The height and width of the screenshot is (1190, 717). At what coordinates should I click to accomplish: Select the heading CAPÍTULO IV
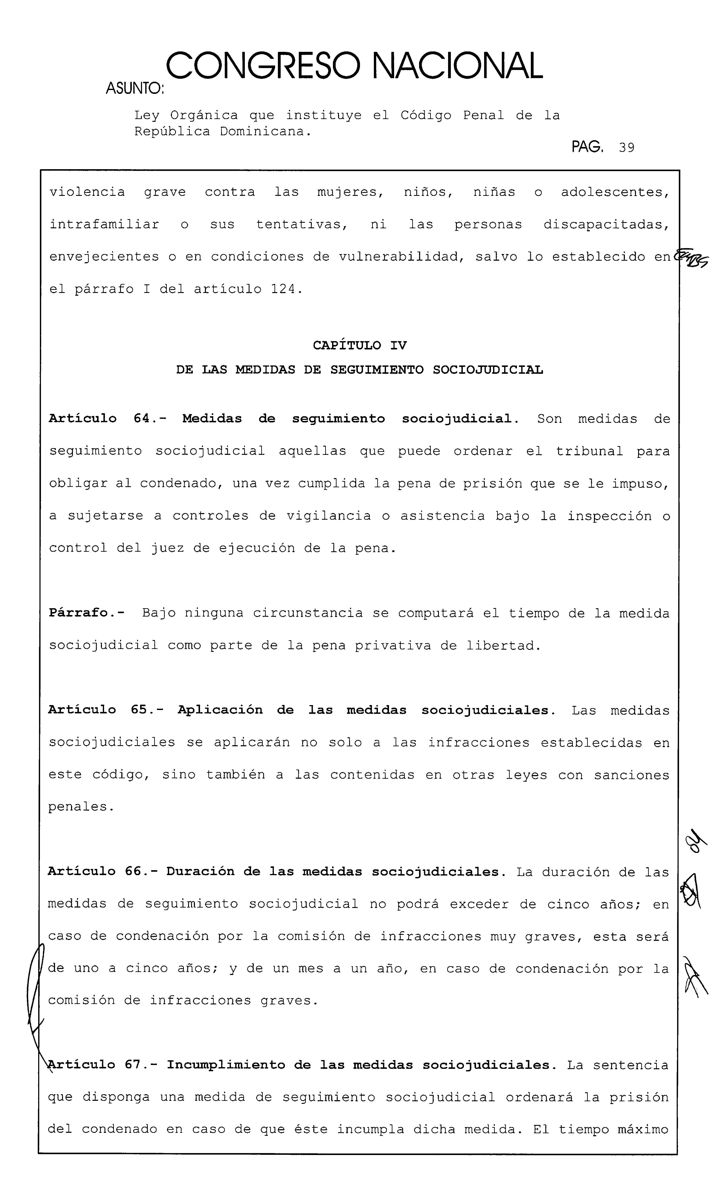coord(360,345)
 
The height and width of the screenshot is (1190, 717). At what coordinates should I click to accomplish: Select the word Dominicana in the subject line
coord(263,131)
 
